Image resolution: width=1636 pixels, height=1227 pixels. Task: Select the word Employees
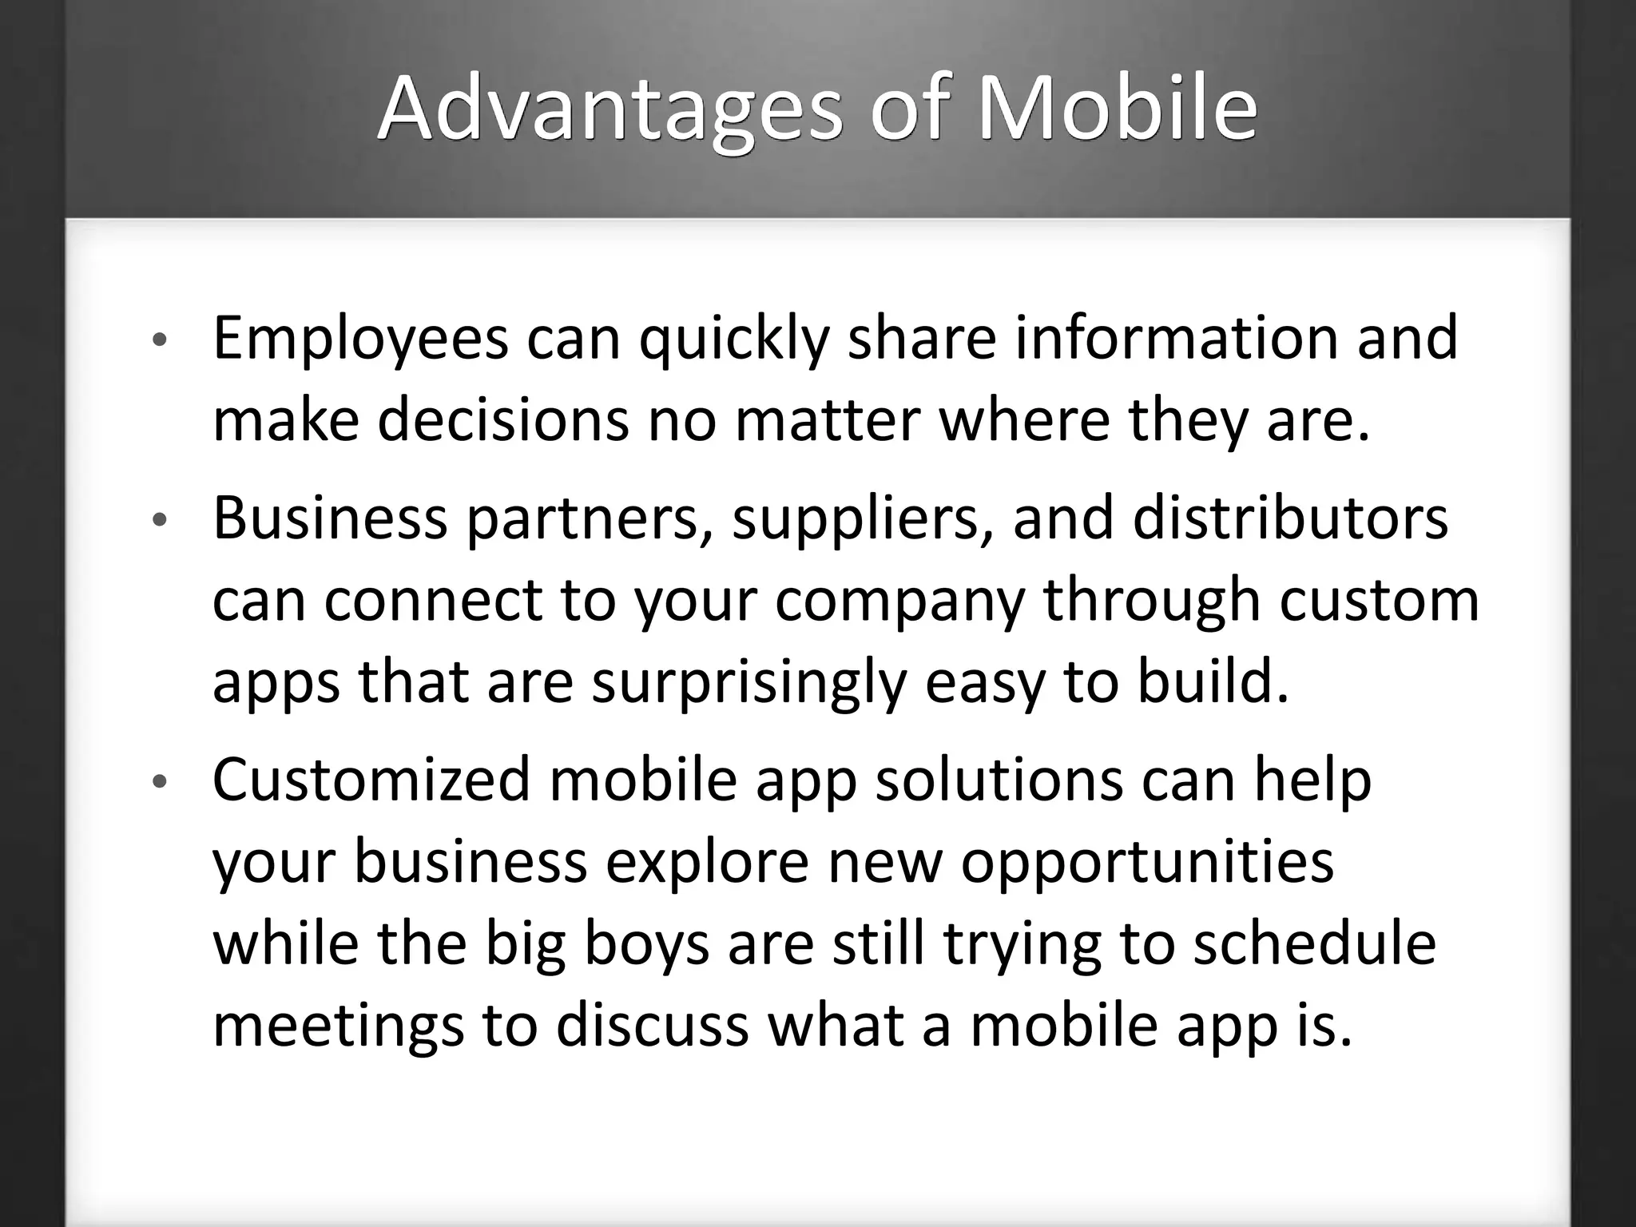pyautogui.click(x=360, y=340)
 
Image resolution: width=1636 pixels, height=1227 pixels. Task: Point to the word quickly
pyautogui.click(x=734, y=340)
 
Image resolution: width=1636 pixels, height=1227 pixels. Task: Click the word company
pyautogui.click(x=899, y=602)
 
